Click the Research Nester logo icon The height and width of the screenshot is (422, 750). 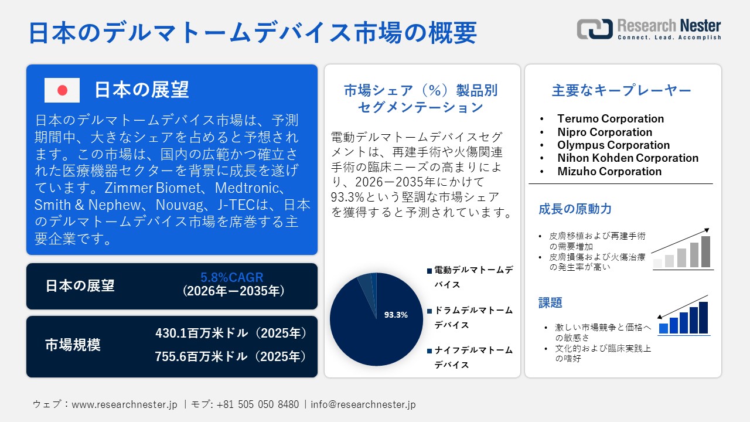[595, 29]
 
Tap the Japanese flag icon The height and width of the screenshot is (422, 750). [62, 90]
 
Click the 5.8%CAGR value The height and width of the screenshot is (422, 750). [232, 278]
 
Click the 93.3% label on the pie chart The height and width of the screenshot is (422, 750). [396, 315]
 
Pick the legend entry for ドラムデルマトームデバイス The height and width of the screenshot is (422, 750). [473, 317]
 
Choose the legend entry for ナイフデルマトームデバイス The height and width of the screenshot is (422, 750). [473, 357]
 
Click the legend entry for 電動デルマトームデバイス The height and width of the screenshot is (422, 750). [473, 277]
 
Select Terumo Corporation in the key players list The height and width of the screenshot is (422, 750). [611, 119]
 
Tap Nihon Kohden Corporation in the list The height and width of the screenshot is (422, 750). [628, 158]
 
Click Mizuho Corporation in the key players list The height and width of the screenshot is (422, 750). [609, 171]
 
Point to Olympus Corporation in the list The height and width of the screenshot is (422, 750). [613, 145]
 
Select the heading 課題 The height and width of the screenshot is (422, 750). [551, 302]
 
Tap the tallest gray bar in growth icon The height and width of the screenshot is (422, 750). [705, 251]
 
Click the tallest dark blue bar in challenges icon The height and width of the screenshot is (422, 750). [703, 318]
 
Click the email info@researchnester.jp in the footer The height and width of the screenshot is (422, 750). [363, 404]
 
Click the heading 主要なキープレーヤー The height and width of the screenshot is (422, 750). [622, 90]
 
